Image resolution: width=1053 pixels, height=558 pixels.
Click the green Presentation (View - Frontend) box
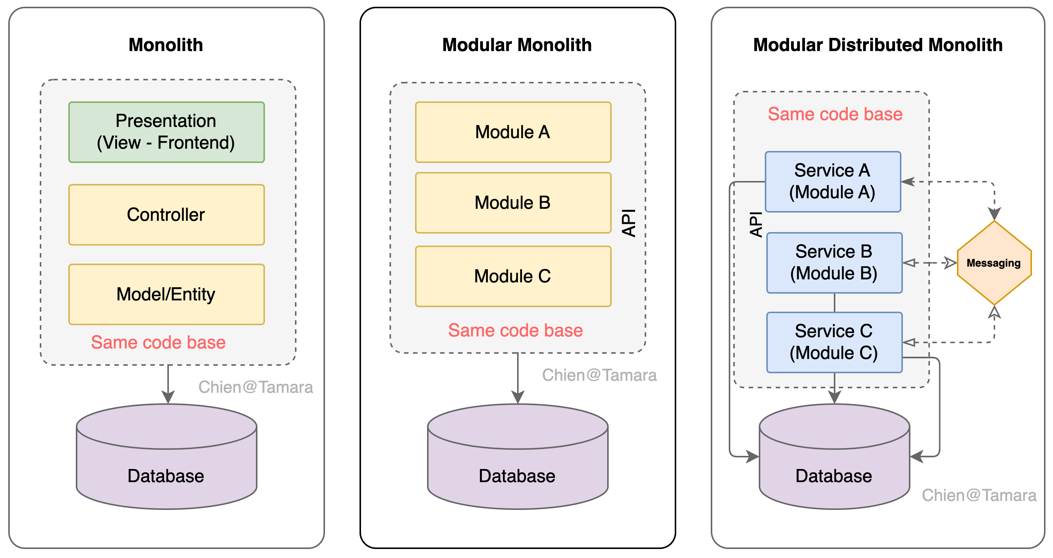point(166,132)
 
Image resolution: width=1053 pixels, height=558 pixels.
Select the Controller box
point(166,215)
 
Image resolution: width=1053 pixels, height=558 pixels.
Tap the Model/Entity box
point(166,294)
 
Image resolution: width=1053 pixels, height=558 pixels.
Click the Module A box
point(513,132)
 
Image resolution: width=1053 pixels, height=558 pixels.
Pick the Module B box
point(513,202)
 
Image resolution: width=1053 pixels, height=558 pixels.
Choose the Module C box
point(513,276)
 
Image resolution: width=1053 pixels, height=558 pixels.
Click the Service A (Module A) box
point(833,182)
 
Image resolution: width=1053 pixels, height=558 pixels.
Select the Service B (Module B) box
point(834,262)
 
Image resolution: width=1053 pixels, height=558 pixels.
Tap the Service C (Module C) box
point(834,342)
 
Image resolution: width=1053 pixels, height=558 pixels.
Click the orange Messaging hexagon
point(994,262)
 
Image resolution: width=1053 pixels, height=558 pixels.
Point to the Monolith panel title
point(165,45)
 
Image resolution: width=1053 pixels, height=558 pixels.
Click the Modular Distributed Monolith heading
point(878,45)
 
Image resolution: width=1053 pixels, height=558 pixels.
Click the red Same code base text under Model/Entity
point(158,342)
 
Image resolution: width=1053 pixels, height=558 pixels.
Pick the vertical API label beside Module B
point(629,223)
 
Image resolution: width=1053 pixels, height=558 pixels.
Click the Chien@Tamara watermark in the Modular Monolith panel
point(599,375)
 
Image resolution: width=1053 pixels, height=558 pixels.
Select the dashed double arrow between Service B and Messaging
point(929,262)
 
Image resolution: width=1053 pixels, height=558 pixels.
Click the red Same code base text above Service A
point(835,114)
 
